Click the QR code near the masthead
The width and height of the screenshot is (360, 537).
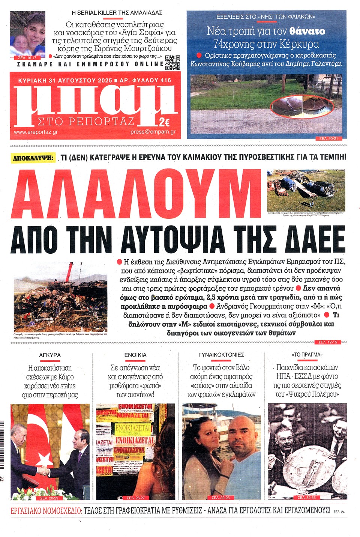(173, 62)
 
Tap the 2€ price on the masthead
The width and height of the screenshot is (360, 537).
(164, 122)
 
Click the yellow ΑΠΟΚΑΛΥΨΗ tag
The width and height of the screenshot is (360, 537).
(33, 158)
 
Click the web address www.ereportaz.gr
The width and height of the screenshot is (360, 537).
(36, 132)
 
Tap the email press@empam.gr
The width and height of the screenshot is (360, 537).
(153, 132)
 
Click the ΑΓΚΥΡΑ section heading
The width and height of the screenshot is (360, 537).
(49, 355)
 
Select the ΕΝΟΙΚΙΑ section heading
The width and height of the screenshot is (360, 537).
(135, 355)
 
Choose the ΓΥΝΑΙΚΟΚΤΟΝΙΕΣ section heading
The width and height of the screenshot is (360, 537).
(221, 355)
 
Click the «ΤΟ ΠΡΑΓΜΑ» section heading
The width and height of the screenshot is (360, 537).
(307, 355)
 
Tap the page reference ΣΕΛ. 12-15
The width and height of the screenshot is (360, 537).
(327, 342)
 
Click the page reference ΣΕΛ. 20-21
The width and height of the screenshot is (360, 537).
(328, 138)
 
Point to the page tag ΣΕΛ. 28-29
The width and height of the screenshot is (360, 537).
(49, 498)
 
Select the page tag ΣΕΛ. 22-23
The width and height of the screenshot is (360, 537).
(220, 498)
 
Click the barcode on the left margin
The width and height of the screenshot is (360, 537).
(2, 445)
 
